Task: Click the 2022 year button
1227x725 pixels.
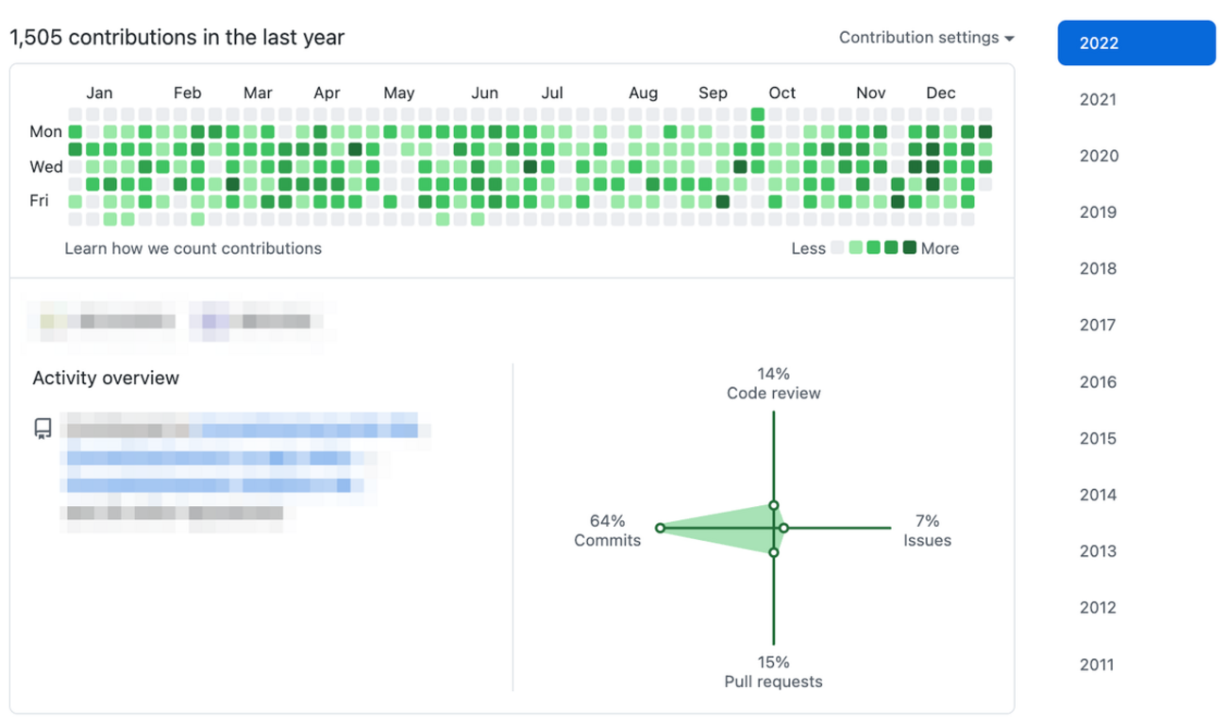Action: (x=1135, y=43)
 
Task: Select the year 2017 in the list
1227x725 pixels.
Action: (x=1098, y=326)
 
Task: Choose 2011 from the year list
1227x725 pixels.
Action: (x=1098, y=665)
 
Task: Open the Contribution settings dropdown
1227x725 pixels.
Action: (x=926, y=38)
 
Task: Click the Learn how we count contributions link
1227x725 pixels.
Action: (x=193, y=248)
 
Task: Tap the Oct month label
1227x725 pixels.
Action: (x=782, y=93)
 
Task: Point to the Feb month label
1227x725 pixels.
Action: (x=187, y=93)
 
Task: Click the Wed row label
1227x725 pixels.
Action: (x=45, y=167)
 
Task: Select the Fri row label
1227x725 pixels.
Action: (x=39, y=201)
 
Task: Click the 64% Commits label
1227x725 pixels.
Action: (x=607, y=531)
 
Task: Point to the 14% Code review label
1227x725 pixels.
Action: (x=773, y=383)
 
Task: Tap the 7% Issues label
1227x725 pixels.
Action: (x=927, y=531)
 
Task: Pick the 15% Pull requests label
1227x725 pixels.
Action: (x=773, y=671)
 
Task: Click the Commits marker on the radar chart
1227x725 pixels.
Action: (x=660, y=528)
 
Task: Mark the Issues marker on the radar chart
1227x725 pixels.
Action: (x=783, y=528)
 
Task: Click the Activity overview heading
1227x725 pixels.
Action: (x=106, y=379)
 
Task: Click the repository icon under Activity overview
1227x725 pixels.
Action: (x=42, y=430)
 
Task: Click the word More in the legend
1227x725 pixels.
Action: (x=939, y=248)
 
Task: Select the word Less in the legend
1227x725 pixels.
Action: (x=809, y=248)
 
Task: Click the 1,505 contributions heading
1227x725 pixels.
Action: (x=177, y=38)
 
